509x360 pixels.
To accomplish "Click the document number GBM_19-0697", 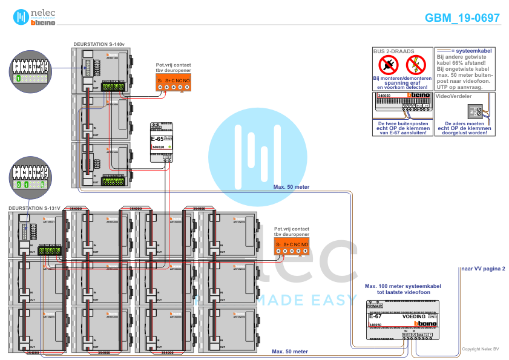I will (462, 18).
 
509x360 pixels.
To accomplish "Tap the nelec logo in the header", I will (34, 17).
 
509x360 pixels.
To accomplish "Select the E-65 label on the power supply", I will (156, 139).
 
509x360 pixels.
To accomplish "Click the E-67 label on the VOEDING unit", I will (375, 316).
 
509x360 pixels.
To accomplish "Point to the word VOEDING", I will (414, 316).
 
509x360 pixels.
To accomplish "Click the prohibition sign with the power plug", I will (388, 64).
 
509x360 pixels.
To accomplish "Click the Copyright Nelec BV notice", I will (480, 349).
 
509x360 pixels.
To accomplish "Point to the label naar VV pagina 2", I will (482, 268).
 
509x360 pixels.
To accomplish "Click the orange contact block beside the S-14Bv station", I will (174, 83).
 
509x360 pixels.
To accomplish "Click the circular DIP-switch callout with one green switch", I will (31, 70).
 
